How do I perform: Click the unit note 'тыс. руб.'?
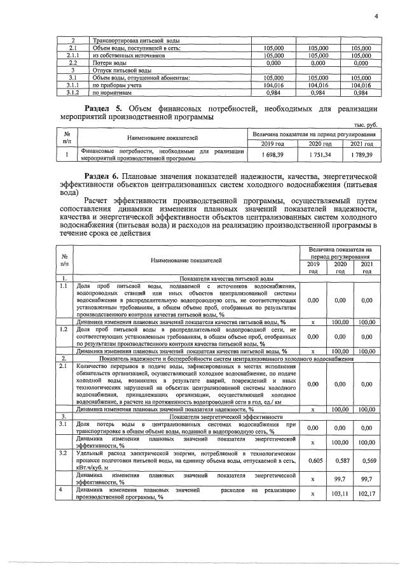(365, 125)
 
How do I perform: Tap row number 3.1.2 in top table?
(72, 91)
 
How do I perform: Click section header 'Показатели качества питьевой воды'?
(227, 279)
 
